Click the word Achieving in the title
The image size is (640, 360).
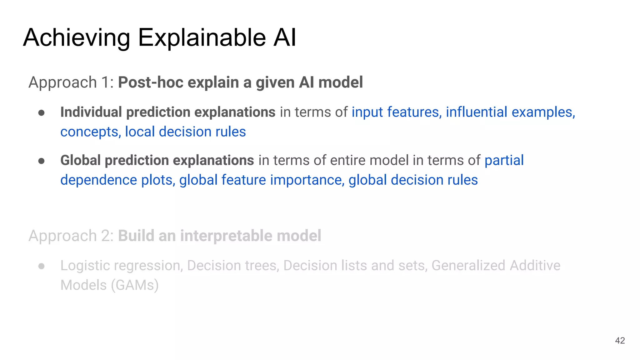[77, 38]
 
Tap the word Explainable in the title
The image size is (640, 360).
[202, 38]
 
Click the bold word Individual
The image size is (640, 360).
[91, 112]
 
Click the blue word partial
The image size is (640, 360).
[504, 160]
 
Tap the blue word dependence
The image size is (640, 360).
[99, 180]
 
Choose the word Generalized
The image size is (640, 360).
[469, 266]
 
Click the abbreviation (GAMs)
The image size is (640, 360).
[135, 285]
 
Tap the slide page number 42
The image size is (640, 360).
[620, 341]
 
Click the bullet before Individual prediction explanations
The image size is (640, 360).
[41, 113]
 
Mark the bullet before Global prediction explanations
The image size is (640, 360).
[41, 161]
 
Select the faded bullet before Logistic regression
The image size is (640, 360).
[41, 266]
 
